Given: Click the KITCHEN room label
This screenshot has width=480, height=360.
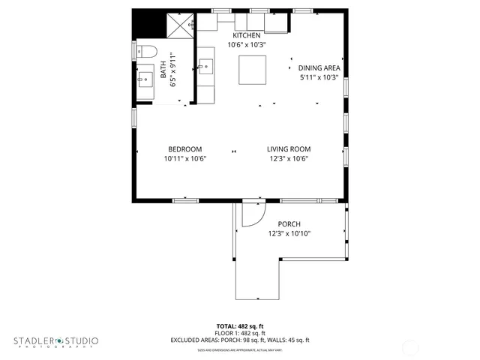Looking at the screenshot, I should pos(247,35).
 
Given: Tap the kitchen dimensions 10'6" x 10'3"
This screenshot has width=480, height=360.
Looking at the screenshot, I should pos(247,45).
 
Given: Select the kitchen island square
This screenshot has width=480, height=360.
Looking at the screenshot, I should pos(252,70).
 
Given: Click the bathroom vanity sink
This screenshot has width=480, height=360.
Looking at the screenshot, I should pos(145,77).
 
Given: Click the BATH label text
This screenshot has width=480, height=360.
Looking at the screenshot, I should pos(164,72).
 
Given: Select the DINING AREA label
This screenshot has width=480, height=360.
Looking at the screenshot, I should pos(319,67).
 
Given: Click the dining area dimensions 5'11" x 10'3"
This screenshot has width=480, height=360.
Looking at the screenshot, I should pos(319,77).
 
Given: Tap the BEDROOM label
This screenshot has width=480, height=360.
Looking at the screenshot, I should pos(184,148).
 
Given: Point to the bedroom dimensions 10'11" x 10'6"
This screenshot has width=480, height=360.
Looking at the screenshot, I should pos(184,158).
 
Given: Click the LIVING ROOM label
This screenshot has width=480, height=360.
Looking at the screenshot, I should pos(289,148).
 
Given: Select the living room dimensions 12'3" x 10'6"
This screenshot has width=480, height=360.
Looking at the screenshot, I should pos(289,158).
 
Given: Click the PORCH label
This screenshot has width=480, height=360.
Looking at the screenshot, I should pos(289,224).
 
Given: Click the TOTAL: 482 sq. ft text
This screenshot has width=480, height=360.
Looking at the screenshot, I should pos(240,326).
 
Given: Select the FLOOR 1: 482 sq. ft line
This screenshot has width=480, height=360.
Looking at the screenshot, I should pos(240,333).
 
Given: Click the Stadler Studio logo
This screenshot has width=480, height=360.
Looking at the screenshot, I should pos(55,341).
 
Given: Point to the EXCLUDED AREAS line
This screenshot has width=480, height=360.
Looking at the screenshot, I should pos(240,340).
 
